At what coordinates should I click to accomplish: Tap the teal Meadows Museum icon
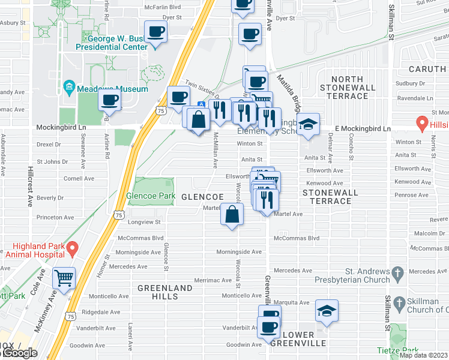pos(70,89)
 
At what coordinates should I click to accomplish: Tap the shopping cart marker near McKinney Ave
pos(63,278)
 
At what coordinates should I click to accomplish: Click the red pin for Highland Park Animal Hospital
pos(73,247)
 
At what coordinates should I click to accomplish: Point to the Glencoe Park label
pos(150,196)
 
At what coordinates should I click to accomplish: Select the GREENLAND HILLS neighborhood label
pos(165,292)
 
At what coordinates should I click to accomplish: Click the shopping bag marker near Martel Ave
pos(232,215)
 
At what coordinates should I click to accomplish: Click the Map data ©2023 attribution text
pos(423,355)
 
